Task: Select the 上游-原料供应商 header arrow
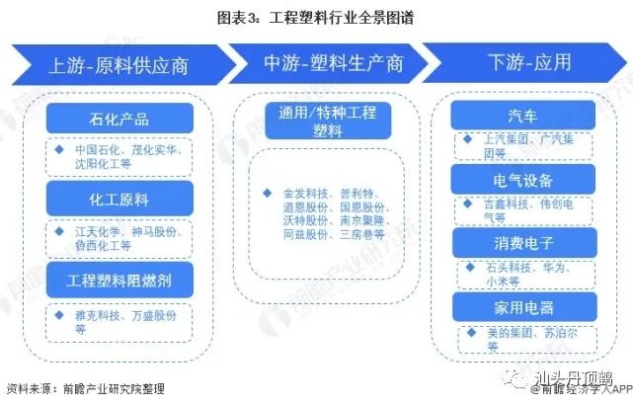click(x=119, y=65)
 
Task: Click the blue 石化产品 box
click(x=118, y=120)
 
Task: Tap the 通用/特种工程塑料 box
click(x=319, y=121)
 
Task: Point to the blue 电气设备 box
click(x=522, y=180)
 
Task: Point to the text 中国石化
click(x=97, y=150)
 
